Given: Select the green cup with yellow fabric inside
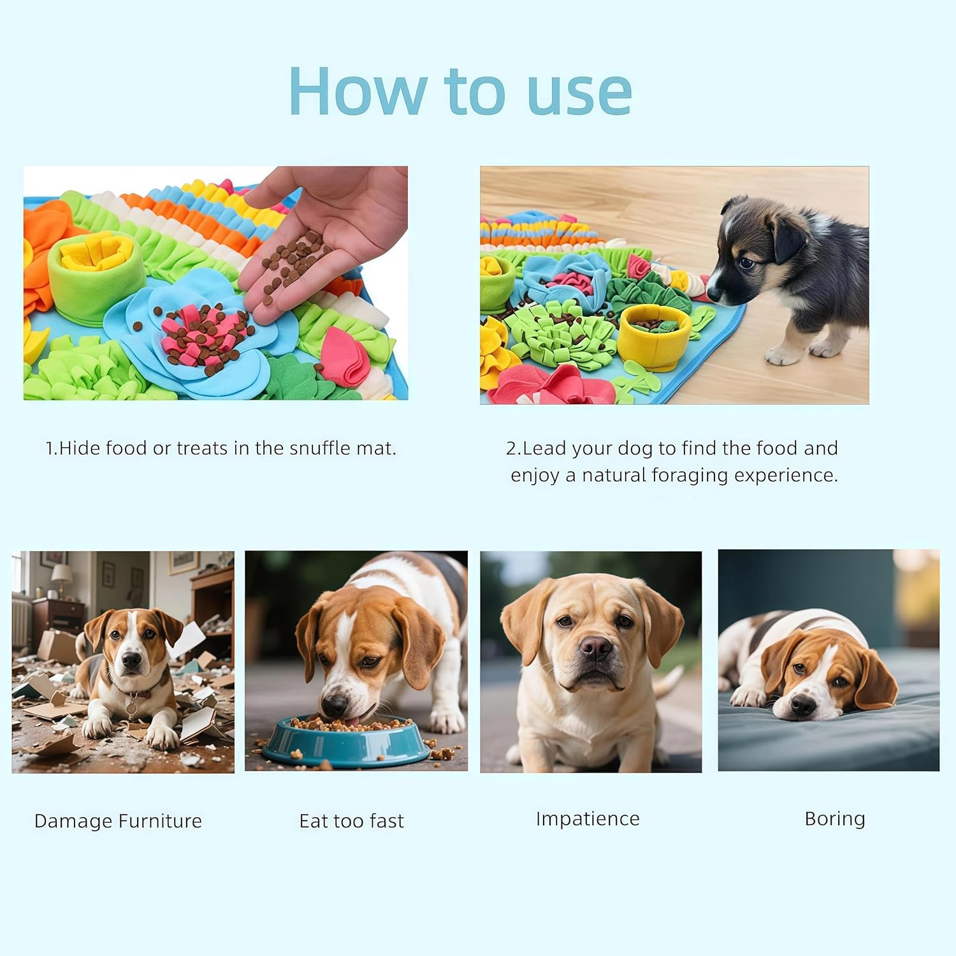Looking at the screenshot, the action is click(x=96, y=275).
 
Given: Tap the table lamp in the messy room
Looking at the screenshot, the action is click(x=62, y=577).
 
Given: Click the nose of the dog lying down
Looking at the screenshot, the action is click(x=802, y=706).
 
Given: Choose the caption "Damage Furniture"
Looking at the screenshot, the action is click(x=118, y=821).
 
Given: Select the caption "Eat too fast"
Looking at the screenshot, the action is click(x=351, y=821).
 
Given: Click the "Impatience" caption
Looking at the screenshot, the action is click(x=588, y=819).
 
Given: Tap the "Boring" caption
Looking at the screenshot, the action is click(x=835, y=819).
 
